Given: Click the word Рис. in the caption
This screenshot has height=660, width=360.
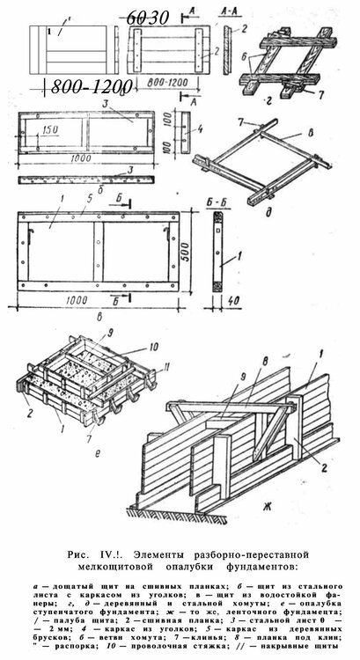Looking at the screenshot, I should point(80,554).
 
